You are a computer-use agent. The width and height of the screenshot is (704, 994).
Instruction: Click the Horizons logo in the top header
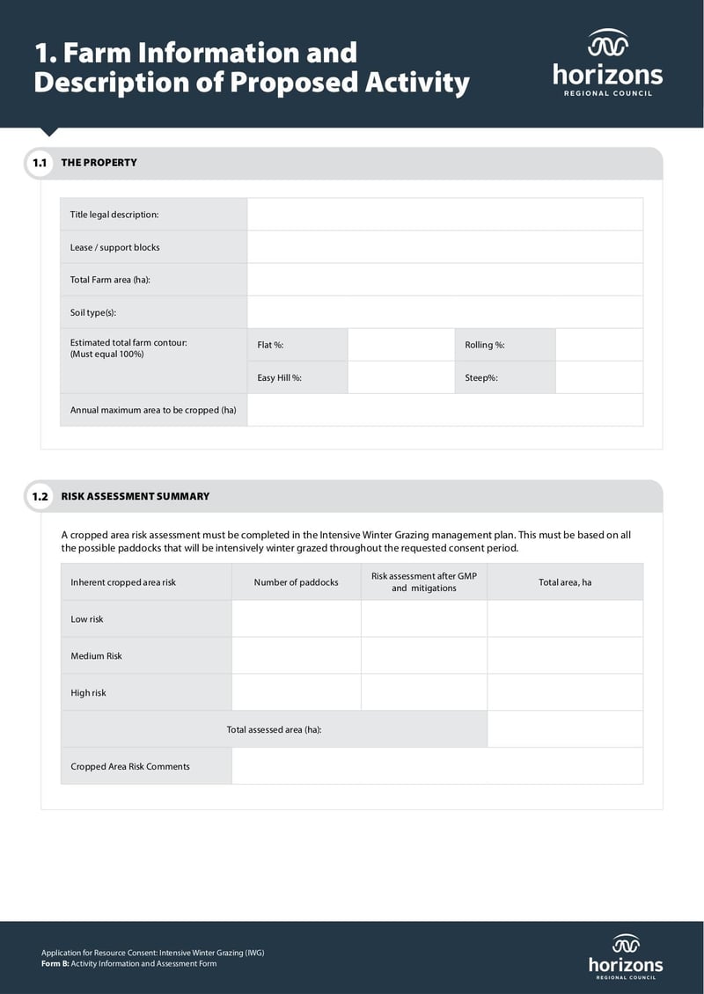(x=607, y=62)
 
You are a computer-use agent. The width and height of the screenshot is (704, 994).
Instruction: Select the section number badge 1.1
(x=40, y=163)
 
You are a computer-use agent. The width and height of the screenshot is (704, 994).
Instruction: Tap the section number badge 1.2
(x=40, y=496)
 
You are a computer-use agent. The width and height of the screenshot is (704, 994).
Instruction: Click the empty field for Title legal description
(x=444, y=215)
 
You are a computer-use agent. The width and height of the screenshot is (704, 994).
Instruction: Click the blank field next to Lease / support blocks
(x=444, y=247)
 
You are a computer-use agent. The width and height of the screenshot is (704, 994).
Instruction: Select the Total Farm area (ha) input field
(x=444, y=280)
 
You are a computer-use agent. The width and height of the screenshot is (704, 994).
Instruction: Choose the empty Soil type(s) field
(x=444, y=312)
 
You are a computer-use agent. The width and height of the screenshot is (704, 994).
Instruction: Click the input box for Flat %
(x=400, y=345)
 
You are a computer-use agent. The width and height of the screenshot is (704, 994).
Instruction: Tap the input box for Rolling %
(x=598, y=345)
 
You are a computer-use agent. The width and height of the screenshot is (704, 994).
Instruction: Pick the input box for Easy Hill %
(x=400, y=377)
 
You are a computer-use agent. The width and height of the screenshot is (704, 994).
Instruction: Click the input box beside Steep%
(x=598, y=377)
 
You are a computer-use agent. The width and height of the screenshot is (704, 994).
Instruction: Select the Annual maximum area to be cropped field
(x=444, y=410)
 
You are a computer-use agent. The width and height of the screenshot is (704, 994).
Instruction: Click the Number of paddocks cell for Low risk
(x=296, y=619)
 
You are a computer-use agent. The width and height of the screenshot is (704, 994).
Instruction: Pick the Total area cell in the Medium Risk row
(x=564, y=656)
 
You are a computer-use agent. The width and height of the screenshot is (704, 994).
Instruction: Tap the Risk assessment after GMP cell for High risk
(x=423, y=693)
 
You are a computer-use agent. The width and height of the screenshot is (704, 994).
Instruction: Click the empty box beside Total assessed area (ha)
(x=564, y=729)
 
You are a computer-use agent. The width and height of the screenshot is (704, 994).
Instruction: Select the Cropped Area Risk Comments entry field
(x=436, y=766)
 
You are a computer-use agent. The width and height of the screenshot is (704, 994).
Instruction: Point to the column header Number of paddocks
(x=296, y=582)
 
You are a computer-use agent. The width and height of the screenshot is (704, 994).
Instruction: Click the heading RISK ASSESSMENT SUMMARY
(x=136, y=496)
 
